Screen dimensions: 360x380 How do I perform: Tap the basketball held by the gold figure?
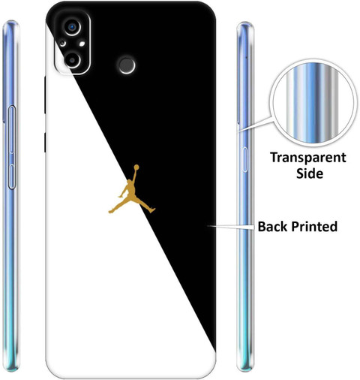[136, 167]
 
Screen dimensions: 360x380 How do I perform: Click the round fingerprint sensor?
[127, 65]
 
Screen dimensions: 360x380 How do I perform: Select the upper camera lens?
[73, 27]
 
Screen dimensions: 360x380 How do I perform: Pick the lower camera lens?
[72, 60]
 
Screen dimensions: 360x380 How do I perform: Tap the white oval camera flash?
[82, 44]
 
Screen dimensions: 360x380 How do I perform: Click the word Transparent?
[308, 158]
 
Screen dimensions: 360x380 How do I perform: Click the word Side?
[310, 173]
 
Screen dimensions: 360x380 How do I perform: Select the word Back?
[272, 226]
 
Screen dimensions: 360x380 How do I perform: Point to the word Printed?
[314, 226]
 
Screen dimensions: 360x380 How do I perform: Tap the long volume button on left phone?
[12, 129]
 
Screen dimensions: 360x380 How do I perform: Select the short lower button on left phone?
[12, 176]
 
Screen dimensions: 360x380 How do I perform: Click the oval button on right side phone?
[245, 159]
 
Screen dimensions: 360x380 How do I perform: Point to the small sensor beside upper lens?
[62, 44]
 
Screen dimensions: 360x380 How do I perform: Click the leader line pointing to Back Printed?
[231, 226]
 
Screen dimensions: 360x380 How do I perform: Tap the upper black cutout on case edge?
[45, 95]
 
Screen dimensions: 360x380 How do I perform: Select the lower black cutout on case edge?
[45, 143]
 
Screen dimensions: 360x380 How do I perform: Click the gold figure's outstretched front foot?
[111, 212]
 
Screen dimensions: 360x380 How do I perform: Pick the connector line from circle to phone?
[255, 123]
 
